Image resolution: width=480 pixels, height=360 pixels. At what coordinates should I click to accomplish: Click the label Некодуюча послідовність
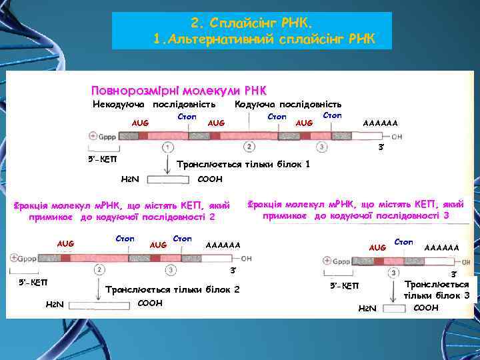click(153, 104)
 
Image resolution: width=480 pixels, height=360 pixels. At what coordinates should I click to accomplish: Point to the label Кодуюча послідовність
click(289, 104)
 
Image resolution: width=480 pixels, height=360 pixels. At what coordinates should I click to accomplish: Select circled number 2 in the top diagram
click(249, 147)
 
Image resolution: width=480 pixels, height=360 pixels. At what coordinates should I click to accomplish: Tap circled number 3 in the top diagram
click(322, 147)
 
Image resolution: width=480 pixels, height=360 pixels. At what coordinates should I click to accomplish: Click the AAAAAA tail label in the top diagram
click(380, 123)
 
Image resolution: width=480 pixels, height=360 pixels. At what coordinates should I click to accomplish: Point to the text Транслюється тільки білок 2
click(173, 289)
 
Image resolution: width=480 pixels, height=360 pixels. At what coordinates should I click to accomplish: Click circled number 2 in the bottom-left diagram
click(99, 270)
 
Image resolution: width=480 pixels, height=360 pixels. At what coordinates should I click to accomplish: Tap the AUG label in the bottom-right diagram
click(378, 247)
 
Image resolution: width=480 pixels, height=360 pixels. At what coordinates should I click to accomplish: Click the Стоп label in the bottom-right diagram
click(404, 241)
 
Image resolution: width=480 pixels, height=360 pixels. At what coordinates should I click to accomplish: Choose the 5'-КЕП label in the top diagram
click(101, 160)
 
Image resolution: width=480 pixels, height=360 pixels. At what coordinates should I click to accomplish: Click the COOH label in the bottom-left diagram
click(151, 302)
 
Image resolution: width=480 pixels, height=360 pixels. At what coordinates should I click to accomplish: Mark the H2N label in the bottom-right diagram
click(367, 308)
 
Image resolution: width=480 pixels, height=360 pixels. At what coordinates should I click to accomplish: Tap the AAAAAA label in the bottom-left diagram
click(223, 245)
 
